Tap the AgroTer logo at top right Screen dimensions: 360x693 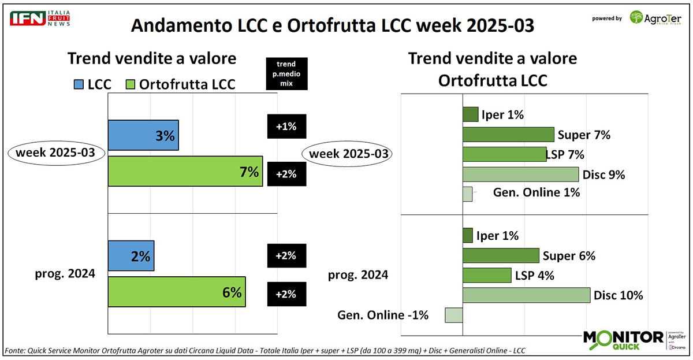(656, 18)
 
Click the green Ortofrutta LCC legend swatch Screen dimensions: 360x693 (131, 84)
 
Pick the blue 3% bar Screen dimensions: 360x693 (143, 135)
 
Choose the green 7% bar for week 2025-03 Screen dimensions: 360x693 (185, 171)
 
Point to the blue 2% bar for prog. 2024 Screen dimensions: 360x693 (131, 256)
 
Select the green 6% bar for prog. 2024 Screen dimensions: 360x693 (177, 292)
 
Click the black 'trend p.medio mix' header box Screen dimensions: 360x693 (286, 73)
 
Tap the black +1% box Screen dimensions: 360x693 (286, 127)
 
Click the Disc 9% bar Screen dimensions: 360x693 (520, 175)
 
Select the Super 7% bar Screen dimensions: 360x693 (508, 135)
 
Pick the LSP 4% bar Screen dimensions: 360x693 (487, 275)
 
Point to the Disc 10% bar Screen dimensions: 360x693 (526, 295)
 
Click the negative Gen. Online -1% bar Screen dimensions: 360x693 (454, 315)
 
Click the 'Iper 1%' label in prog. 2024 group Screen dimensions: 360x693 (497, 235)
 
